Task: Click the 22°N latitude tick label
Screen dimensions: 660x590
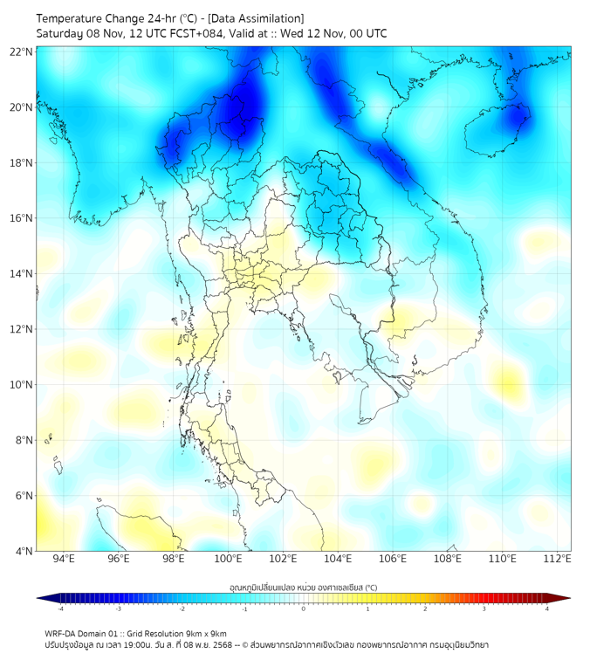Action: [22, 52]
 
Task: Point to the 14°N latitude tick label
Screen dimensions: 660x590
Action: [22, 274]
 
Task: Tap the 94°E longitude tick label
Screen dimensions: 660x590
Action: [64, 559]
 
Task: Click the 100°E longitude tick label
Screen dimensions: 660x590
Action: [228, 559]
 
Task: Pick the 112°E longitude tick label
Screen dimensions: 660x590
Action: [557, 559]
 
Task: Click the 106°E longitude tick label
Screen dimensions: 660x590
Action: [393, 559]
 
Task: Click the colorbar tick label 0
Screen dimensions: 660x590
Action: [304, 608]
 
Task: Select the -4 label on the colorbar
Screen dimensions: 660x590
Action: [60, 608]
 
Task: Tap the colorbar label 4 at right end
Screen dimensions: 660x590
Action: [547, 608]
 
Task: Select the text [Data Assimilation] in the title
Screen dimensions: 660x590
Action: [259, 18]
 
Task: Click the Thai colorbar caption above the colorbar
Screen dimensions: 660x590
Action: [303, 587]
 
